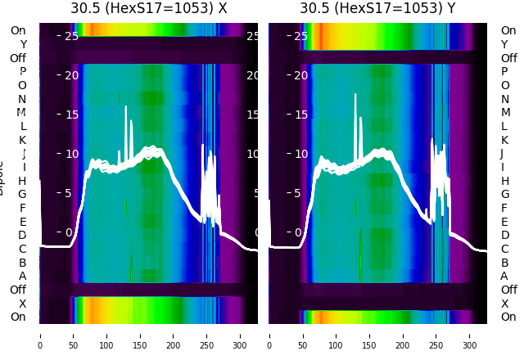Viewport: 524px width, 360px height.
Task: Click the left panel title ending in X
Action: tap(148, 8)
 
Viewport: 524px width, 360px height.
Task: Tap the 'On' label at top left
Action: tap(18, 30)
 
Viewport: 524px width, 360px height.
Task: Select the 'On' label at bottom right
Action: tap(508, 317)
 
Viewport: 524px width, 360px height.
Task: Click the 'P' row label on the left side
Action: tap(22, 71)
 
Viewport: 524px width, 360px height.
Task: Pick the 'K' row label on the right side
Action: tap(504, 140)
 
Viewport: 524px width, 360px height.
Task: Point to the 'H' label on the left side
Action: tap(22, 181)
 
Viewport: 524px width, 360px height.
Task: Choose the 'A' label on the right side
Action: tap(504, 276)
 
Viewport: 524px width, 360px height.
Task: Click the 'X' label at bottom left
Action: tap(22, 304)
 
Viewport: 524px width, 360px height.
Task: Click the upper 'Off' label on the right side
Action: tap(508, 58)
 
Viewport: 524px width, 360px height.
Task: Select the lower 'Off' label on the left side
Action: tap(18, 290)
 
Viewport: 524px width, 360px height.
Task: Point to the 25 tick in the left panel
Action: tap(71, 36)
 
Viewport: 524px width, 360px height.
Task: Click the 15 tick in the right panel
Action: tap(300, 115)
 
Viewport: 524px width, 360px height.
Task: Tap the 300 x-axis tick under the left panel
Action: tap(240, 335)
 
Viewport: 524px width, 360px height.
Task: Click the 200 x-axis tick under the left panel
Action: tap(173, 335)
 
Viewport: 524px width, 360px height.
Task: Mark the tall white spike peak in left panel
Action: tap(126, 107)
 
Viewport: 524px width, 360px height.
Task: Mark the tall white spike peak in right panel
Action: tap(355, 95)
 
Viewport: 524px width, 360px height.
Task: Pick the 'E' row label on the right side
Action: tap(504, 222)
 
